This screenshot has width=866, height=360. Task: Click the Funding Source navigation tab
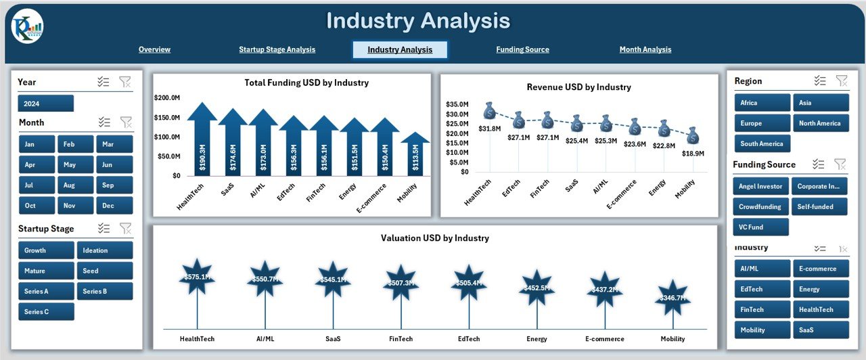[x=522, y=49]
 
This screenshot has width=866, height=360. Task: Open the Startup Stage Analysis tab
[x=277, y=49]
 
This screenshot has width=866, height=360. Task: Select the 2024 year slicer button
[x=45, y=104]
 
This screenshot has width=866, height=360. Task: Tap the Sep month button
[x=114, y=185]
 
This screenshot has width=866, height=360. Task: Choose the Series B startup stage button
[x=104, y=292]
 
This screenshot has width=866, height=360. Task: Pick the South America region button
[x=762, y=143]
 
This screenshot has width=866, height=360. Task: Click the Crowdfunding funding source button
[x=760, y=206]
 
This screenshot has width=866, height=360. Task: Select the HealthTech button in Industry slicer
[x=820, y=309]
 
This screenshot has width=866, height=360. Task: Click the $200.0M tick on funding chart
[x=166, y=98]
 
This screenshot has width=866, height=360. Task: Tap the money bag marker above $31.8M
[x=490, y=111]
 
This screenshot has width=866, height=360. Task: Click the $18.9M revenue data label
[x=692, y=154]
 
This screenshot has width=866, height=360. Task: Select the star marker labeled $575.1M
[x=197, y=276]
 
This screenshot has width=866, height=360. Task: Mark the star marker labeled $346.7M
[x=673, y=297]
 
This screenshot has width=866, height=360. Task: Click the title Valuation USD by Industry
[x=434, y=238]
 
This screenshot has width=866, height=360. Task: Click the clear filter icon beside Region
[x=841, y=81]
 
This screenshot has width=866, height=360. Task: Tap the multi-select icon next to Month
[x=104, y=122]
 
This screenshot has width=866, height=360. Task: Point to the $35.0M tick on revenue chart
[x=457, y=104]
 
